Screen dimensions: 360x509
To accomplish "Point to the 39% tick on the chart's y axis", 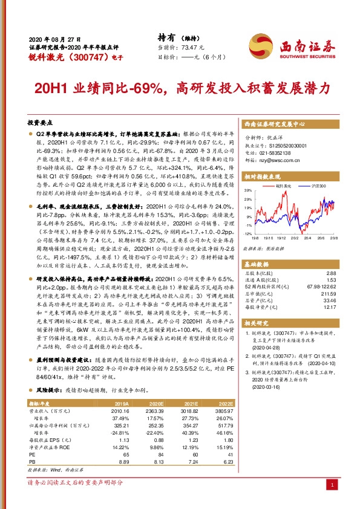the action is (x=248, y=190).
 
